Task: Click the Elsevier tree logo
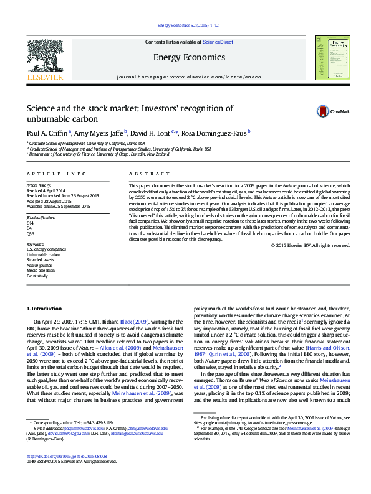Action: pos(45,55)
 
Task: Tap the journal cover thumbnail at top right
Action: pos(330,57)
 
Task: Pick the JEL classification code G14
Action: pos(30,221)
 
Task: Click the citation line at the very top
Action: pos(186,25)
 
